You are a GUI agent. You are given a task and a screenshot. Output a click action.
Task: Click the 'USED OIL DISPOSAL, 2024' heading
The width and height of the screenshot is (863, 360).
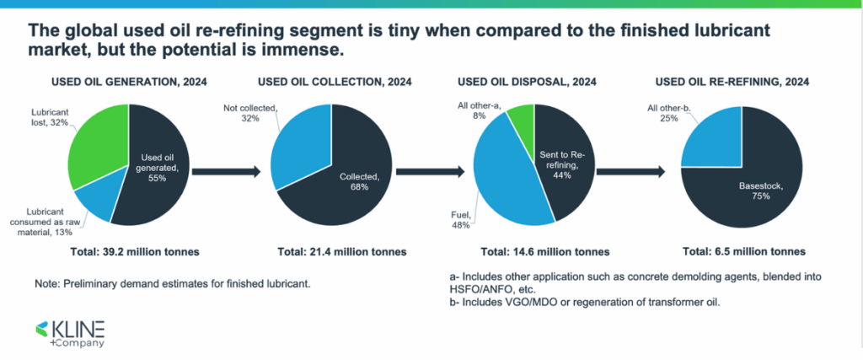click(x=527, y=82)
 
